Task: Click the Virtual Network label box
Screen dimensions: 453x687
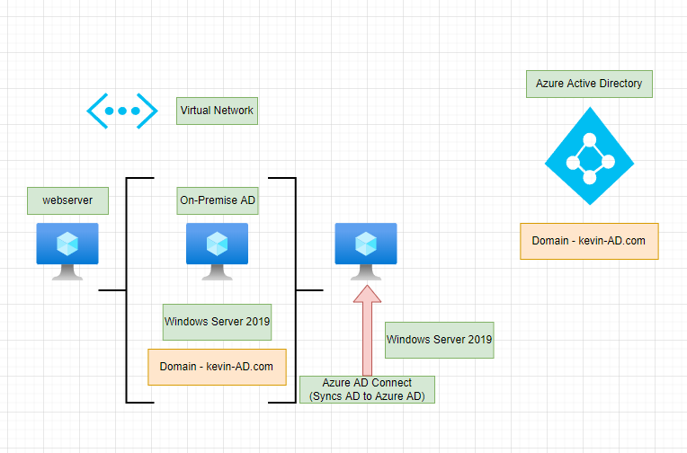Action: tap(217, 111)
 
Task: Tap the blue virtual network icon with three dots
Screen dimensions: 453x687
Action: tap(115, 111)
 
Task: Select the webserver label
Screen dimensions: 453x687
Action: tap(67, 200)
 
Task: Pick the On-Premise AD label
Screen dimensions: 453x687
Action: tap(217, 200)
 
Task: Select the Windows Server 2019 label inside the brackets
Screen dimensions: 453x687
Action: tap(217, 321)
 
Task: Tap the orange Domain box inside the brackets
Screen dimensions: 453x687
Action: tap(217, 367)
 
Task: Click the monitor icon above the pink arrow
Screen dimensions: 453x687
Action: tap(366, 249)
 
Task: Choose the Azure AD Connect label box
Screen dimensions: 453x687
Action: tap(367, 389)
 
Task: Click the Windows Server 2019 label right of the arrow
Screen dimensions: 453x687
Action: tap(440, 340)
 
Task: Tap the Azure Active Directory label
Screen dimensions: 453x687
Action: tap(589, 84)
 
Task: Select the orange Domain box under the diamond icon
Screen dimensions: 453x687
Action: tap(589, 241)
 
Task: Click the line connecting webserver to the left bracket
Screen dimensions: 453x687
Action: tap(112, 290)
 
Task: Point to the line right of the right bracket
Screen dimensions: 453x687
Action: tap(309, 289)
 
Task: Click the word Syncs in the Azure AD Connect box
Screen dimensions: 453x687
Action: tap(327, 396)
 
